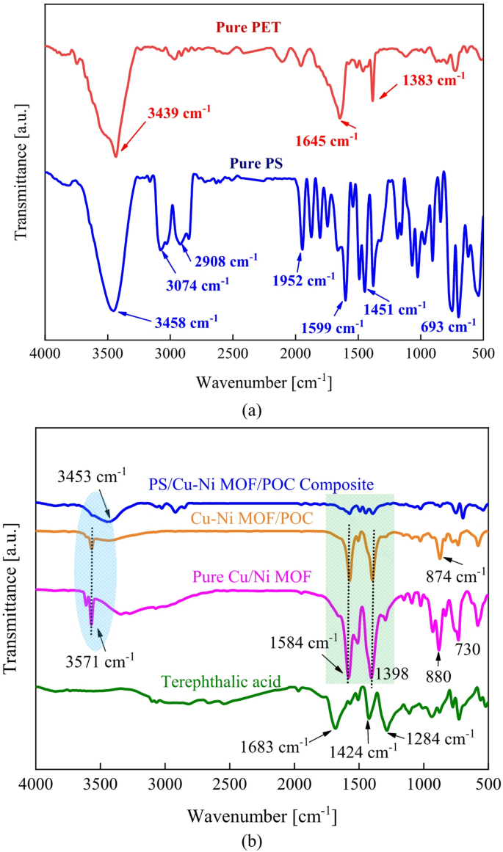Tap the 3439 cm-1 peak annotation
click(179, 113)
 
